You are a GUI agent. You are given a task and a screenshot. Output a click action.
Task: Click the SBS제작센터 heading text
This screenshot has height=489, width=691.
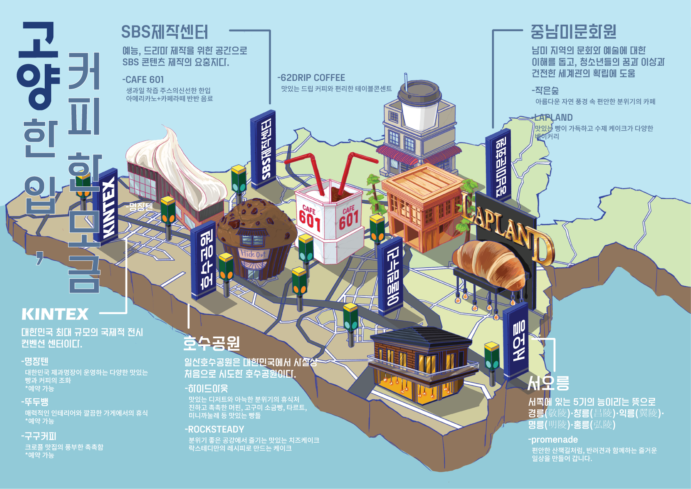coord(165,32)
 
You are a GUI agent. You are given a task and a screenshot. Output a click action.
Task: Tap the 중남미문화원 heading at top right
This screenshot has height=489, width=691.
coord(573,31)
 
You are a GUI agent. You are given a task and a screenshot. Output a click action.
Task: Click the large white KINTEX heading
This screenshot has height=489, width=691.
coord(55,315)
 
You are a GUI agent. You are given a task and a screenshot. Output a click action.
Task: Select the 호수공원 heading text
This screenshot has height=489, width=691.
coord(211,343)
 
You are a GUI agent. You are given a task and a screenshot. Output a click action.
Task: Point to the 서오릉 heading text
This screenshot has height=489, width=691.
coord(548,383)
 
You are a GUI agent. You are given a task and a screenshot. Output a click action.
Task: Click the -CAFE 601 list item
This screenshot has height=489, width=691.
coord(143,80)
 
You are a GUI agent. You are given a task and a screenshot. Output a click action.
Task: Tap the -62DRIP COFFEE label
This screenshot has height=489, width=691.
coord(311,78)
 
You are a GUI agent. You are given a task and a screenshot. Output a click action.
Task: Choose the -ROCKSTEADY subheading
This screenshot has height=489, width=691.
coord(214,429)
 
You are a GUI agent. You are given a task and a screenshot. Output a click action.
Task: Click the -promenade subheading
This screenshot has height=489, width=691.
coord(553,439)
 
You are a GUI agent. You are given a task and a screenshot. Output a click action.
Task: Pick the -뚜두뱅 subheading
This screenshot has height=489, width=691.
coord(35,402)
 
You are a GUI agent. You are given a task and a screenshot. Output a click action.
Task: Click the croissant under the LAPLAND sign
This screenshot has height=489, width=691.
coord(488,263)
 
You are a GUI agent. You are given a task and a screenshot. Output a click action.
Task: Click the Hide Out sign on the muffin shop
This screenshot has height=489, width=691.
coord(253,254)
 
